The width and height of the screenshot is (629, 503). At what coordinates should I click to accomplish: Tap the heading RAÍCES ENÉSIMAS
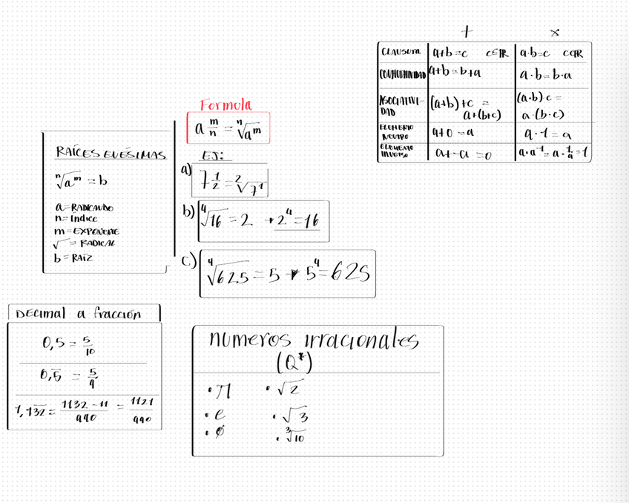pos(111,154)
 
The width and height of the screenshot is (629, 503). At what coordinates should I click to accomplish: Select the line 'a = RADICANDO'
pos(84,208)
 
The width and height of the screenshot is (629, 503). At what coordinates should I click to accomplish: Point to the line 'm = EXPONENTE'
pos(86,231)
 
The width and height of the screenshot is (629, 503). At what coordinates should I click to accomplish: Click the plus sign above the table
pos(466,31)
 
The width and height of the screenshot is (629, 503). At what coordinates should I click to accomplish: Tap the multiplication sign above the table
pos(555,33)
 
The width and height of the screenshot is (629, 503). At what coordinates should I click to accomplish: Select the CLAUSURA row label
pos(401,52)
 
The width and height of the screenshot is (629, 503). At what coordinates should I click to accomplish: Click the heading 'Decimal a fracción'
pos(78,314)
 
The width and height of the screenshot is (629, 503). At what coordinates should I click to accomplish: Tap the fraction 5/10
pos(88,346)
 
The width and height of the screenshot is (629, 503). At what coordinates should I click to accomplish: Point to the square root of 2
pos(290,388)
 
